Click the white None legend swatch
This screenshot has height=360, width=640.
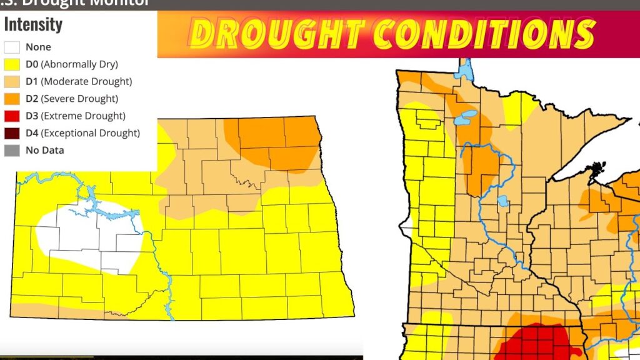[12, 47]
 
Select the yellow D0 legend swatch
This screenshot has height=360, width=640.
[12, 64]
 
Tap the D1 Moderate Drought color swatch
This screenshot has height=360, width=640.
[12, 81]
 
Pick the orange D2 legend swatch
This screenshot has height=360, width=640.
[12, 98]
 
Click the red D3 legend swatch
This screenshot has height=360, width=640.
[12, 116]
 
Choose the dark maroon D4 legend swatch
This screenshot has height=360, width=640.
[12, 132]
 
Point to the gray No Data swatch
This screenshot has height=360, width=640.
[12, 150]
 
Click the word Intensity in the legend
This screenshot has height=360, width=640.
[33, 25]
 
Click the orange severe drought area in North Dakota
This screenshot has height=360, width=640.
[275, 141]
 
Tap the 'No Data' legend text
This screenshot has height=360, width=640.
[44, 150]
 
